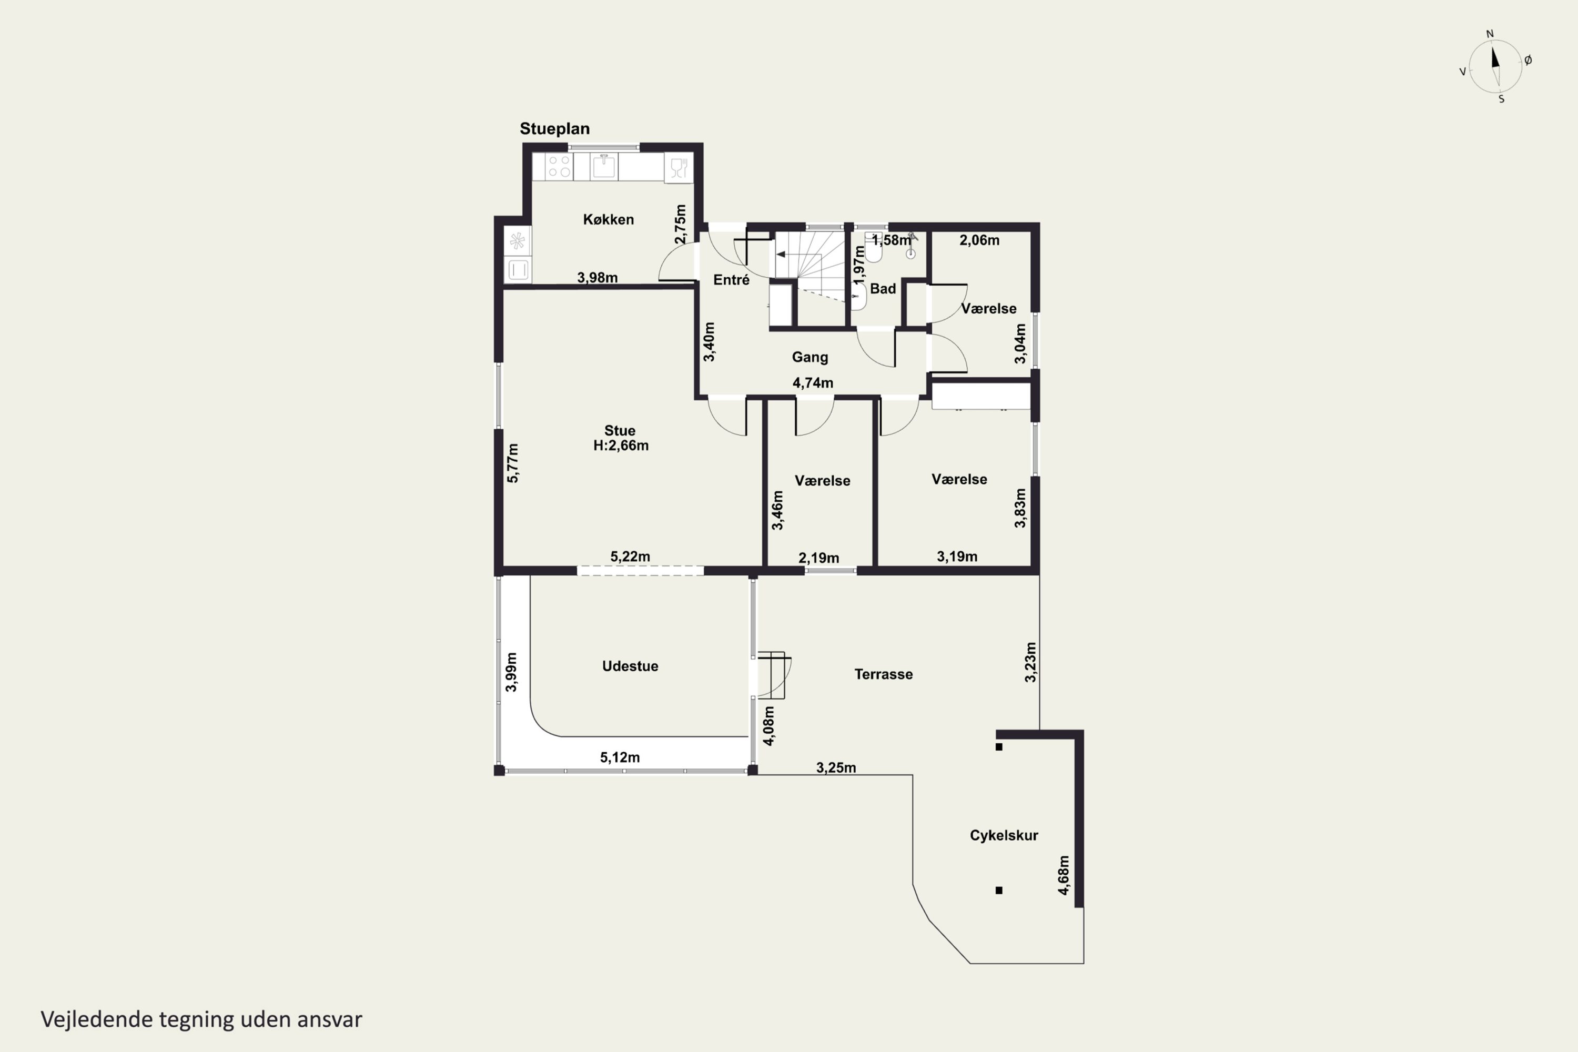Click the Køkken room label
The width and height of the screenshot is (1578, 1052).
(608, 219)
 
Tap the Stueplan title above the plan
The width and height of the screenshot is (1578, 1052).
(555, 129)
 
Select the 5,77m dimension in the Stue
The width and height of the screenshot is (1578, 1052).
(512, 463)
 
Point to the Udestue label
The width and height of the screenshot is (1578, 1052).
(630, 666)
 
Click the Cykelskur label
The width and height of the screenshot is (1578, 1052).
(1004, 835)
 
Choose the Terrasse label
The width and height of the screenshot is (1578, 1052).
(883, 674)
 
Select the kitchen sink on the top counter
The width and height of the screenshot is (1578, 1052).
(604, 166)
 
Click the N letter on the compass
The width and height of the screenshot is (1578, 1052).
(1490, 34)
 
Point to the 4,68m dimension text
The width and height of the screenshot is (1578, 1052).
(1064, 875)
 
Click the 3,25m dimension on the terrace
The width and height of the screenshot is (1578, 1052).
(836, 767)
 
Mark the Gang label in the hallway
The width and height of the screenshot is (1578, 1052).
(810, 357)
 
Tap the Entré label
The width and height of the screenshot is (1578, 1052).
(731, 280)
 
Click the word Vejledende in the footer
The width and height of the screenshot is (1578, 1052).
(97, 1019)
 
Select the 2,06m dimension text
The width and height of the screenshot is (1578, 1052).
(979, 240)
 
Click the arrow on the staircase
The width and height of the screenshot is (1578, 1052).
(781, 254)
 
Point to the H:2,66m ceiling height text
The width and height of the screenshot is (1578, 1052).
(621, 446)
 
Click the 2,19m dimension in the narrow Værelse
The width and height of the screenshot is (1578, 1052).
(818, 558)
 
